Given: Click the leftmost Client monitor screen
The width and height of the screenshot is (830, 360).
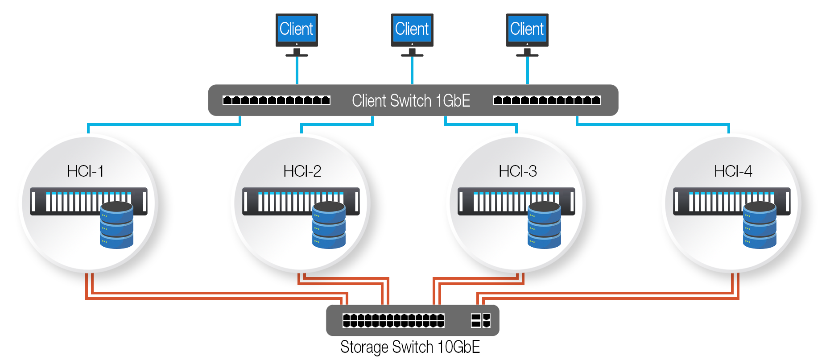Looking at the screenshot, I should coord(297,29).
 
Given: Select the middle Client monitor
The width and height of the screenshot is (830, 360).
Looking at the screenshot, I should coord(412,29).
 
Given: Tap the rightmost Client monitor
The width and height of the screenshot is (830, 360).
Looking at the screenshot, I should coord(527,29).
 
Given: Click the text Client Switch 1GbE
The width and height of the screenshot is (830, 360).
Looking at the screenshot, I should coord(411,100).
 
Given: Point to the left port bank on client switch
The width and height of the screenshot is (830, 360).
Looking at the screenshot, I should coord(276,100).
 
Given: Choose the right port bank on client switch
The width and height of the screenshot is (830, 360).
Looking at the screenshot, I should coord(547,100).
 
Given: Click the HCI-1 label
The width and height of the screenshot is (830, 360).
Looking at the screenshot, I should coord(85,171).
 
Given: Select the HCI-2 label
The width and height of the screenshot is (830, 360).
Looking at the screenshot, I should coord(302,171).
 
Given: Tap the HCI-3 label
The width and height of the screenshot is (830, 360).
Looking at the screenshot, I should coord(517,171).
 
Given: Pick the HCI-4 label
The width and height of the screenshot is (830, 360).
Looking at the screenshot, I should coord(733,171).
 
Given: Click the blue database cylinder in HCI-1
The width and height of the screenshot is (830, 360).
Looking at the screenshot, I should coord(116,225).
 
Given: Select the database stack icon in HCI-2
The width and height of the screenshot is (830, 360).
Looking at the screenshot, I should coord(329,225).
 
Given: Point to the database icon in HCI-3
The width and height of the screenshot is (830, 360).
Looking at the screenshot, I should coord(544,225).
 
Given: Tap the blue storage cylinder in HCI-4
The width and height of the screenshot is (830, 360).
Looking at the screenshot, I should coord(760,225).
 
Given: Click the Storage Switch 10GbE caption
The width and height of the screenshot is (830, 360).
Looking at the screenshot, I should coord(410,347).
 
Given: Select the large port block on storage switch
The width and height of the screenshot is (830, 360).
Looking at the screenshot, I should coord(393,320).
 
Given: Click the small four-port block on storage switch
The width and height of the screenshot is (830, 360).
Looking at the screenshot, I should coord(480,320).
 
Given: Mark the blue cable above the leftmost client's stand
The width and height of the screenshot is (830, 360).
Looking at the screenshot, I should coord(297,70).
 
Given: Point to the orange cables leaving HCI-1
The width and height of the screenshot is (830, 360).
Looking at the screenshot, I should coord(89,286).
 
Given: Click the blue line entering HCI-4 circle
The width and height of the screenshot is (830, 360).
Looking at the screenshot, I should coord(729,128).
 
